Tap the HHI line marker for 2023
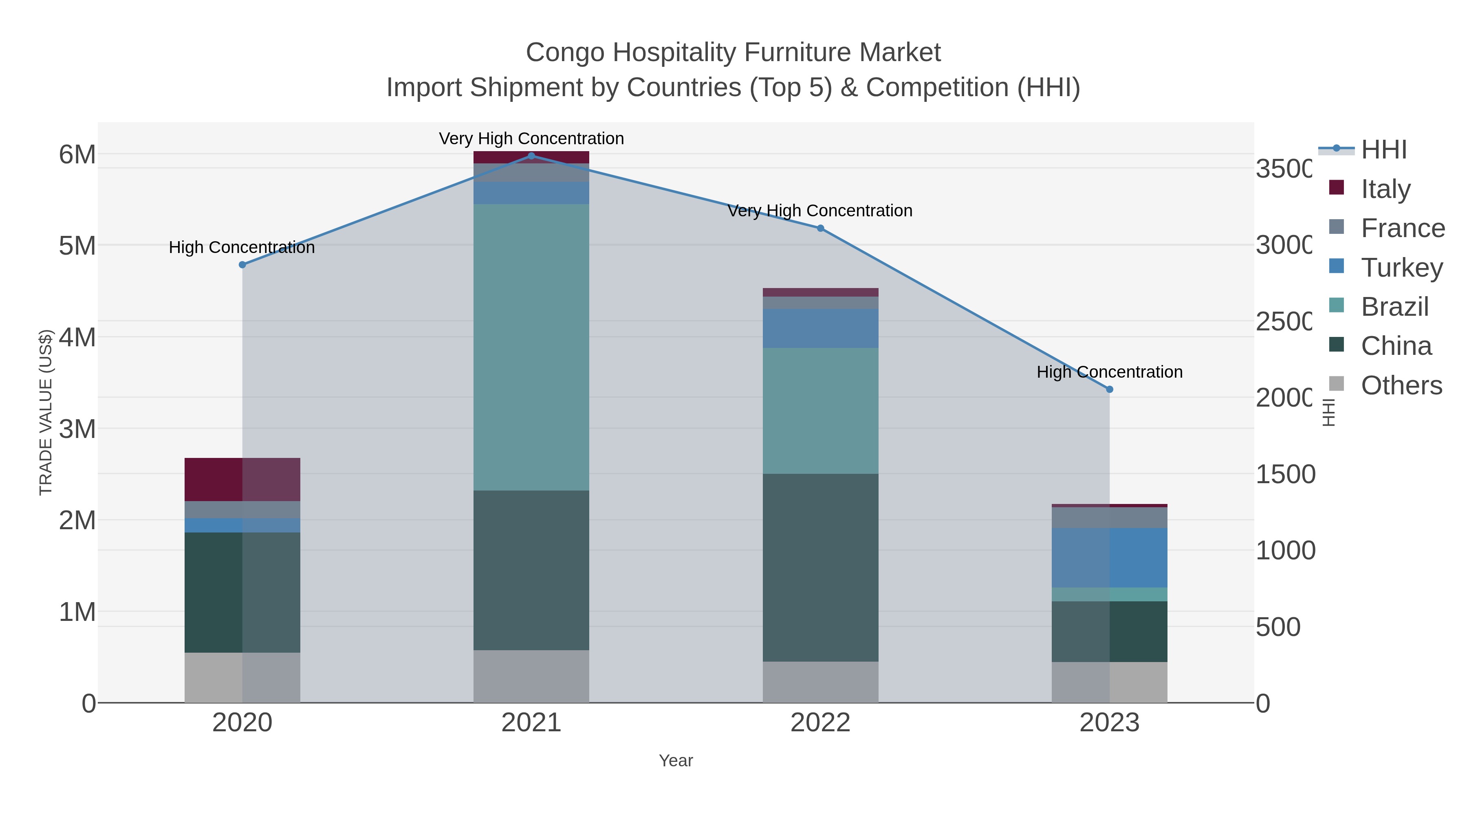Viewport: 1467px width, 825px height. [1109, 389]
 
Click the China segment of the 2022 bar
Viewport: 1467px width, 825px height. [820, 567]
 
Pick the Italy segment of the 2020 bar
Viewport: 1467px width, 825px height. [242, 480]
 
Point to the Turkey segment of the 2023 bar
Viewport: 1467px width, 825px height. [1109, 557]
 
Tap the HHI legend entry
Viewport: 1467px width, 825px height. [1367, 150]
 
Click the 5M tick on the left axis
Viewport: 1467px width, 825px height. [77, 246]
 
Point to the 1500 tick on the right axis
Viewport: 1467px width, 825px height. [1285, 474]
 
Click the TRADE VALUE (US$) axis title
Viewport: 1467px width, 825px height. [46, 412]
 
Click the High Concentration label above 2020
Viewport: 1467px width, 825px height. [242, 248]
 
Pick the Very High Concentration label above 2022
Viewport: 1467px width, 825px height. [819, 211]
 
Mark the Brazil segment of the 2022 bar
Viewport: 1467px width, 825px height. [820, 411]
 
